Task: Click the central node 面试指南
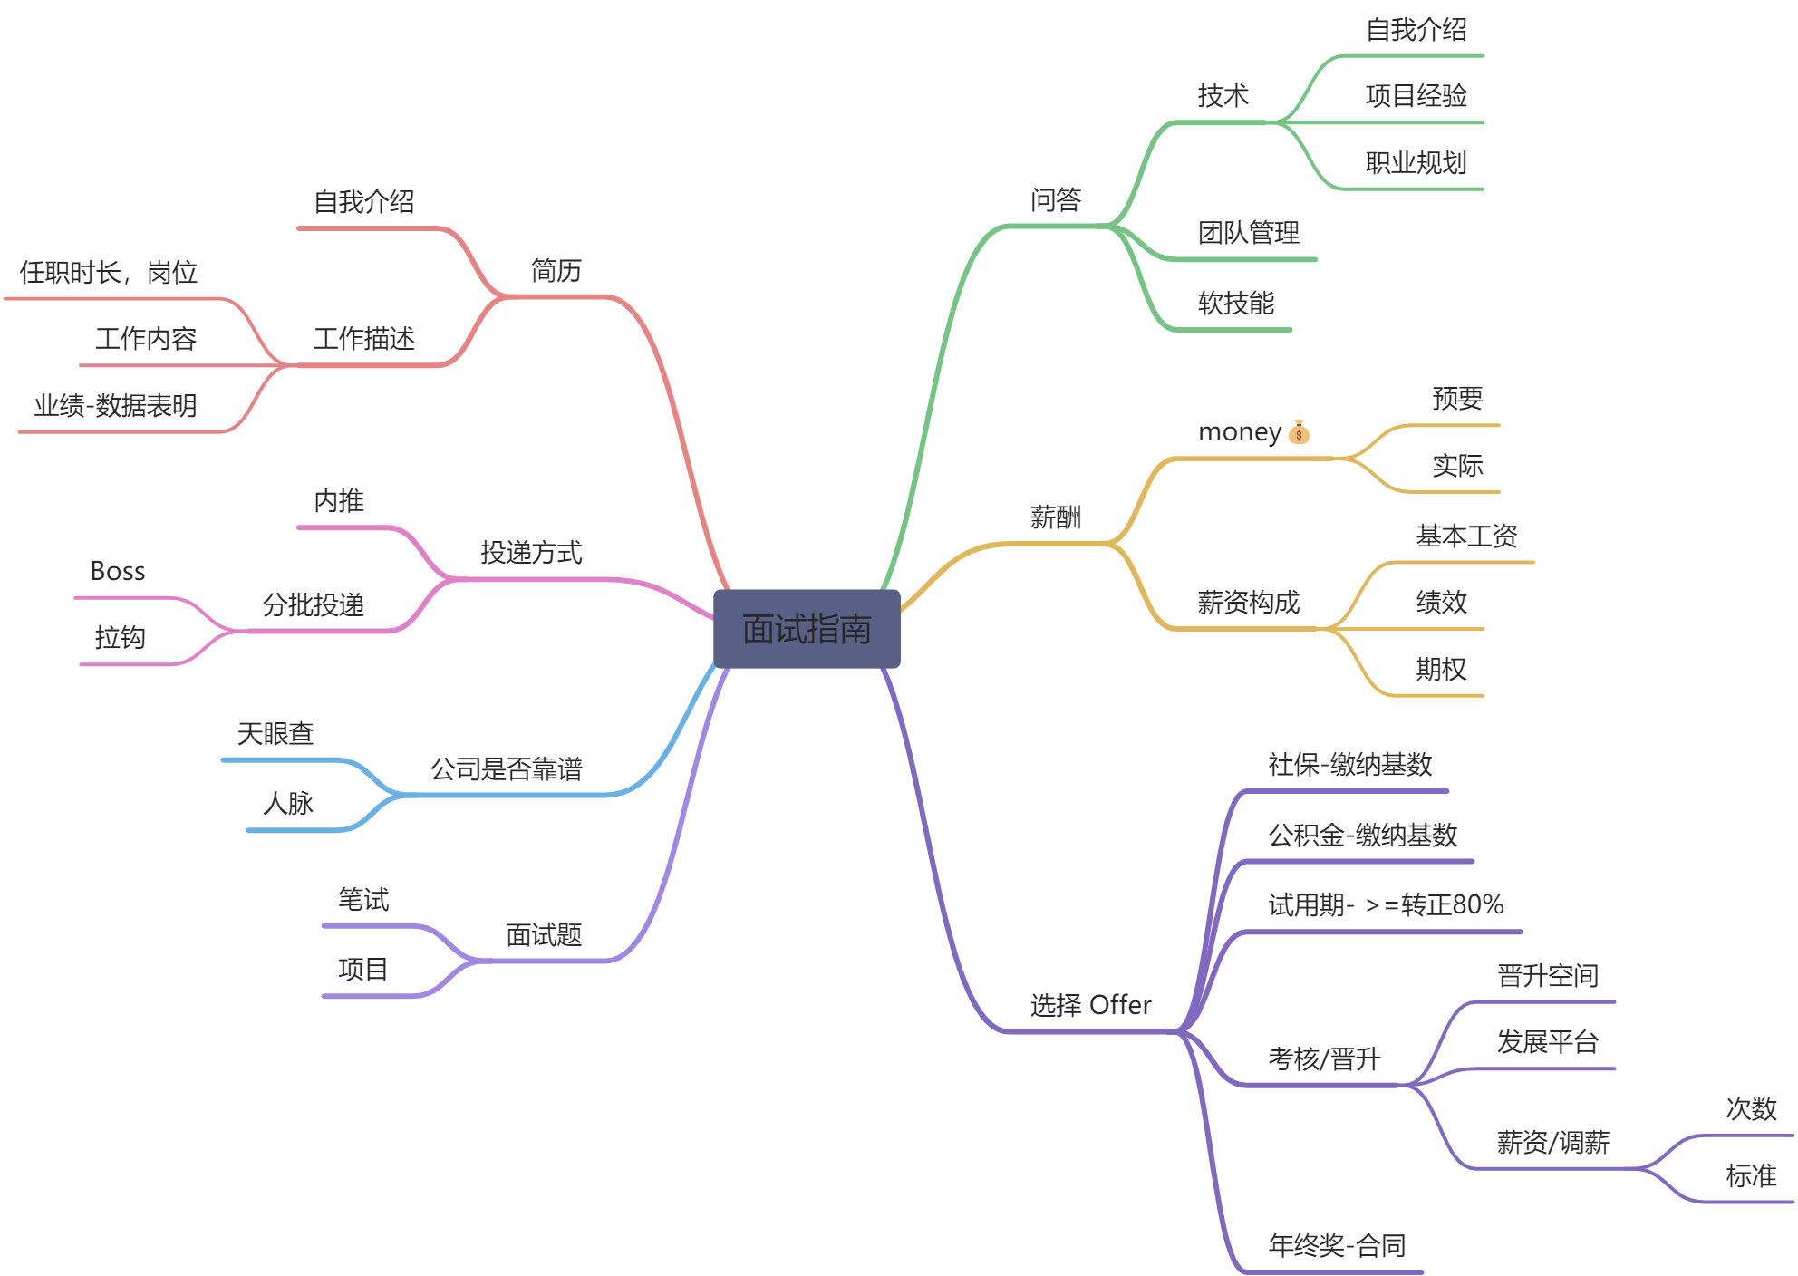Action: coord(807,629)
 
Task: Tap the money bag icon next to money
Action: coord(1299,432)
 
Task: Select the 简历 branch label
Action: coord(556,270)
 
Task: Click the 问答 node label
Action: coord(1056,199)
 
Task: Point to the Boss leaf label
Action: coord(118,571)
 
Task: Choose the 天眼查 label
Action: coord(275,733)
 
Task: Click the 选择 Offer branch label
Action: coord(1090,1005)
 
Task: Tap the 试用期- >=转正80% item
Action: coord(1386,904)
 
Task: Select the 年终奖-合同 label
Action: coord(1337,1245)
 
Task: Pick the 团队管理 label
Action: coord(1249,233)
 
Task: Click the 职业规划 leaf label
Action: coord(1416,163)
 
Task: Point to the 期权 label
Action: coord(1441,669)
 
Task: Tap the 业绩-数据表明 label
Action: coord(115,405)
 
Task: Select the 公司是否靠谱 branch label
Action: coord(506,768)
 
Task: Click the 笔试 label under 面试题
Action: coord(363,899)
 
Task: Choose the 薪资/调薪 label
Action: coord(1552,1142)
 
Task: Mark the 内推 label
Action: coord(339,500)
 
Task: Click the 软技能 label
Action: coord(1236,303)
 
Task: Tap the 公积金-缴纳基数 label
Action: coord(1362,835)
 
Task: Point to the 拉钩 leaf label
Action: coord(120,637)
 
